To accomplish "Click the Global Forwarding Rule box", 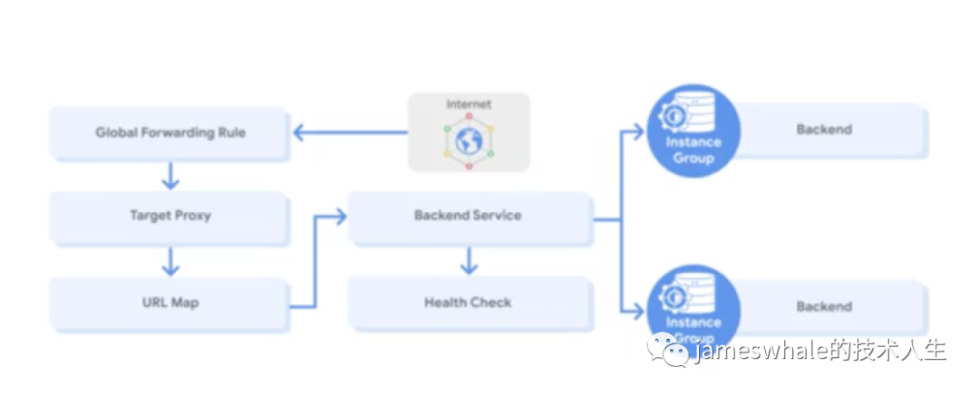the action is [x=170, y=132].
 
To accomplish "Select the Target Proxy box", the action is [x=170, y=216].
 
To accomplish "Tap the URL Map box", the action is [x=170, y=304].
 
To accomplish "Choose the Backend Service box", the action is [x=469, y=216].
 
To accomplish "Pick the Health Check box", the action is [x=469, y=303].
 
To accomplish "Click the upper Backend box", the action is [x=824, y=130].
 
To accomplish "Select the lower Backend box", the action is [x=824, y=306].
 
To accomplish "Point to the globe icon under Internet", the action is [x=469, y=141].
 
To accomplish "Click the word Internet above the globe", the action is [x=469, y=103].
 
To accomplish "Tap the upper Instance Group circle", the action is [x=693, y=131].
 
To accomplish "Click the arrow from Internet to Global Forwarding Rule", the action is [x=350, y=132].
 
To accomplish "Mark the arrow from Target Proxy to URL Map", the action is [x=170, y=262].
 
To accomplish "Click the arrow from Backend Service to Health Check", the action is [x=469, y=260].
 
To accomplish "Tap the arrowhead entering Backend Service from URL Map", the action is [x=340, y=217].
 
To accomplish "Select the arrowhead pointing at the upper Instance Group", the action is [x=637, y=131].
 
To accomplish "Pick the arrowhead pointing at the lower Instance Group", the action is [x=637, y=309].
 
